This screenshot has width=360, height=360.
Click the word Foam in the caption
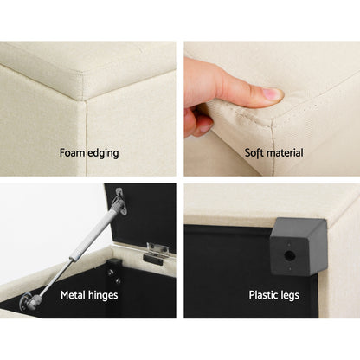pyautogui.click(x=73, y=153)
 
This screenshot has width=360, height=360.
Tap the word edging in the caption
pyautogui.click(x=104, y=154)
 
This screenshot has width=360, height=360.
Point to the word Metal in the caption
pyautogui.click(x=75, y=295)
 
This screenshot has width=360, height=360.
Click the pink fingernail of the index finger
pyautogui.click(x=271, y=93)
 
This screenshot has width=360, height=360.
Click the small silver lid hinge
pyautogui.click(x=157, y=252)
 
